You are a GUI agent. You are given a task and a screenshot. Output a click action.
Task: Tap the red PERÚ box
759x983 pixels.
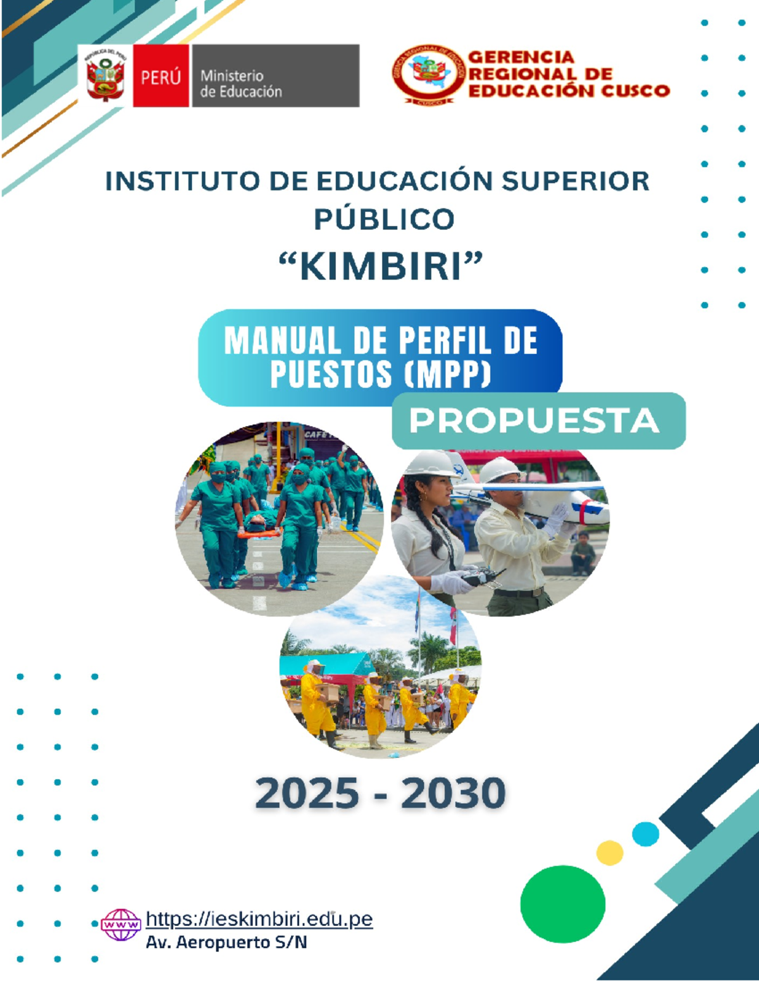click(161, 77)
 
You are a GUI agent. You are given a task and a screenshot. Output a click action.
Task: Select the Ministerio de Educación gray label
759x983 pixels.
click(275, 77)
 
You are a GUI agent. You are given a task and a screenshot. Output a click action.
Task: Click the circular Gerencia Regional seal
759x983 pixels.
click(429, 73)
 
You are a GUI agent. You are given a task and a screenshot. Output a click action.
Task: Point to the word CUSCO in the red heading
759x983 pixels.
click(634, 91)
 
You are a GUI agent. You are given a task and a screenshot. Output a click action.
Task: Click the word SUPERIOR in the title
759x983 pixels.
click(575, 181)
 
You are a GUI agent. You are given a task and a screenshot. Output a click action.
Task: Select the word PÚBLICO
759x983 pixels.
click(384, 219)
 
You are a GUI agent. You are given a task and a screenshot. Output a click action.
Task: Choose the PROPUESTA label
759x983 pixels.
click(534, 421)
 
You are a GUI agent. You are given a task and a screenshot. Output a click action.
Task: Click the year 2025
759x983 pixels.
click(307, 793)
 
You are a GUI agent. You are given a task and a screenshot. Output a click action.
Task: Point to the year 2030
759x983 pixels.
click(453, 793)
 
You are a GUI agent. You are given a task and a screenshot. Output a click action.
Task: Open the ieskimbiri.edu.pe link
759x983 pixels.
click(259, 918)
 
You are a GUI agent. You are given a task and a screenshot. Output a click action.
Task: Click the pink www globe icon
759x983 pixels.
click(121, 925)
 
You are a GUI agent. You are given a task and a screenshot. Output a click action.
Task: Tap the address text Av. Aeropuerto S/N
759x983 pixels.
click(226, 942)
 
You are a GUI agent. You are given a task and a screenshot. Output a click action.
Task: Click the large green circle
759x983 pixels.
click(562, 904)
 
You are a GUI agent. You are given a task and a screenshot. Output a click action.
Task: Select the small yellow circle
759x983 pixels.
click(610, 853)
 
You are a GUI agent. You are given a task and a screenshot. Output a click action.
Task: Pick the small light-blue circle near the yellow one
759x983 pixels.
click(645, 834)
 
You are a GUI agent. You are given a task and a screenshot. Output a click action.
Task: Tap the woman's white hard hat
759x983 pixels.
click(429, 463)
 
